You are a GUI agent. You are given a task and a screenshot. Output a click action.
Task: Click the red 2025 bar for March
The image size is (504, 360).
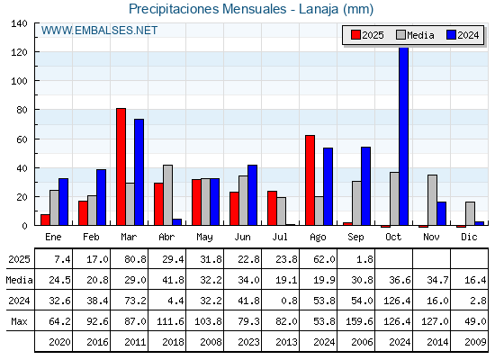coord(121,166)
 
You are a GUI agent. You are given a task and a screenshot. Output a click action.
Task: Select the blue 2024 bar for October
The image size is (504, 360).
coord(404,136)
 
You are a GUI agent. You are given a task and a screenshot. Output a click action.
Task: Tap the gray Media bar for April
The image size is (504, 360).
coord(167,195)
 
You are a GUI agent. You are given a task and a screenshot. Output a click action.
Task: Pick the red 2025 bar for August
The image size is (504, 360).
coord(310,180)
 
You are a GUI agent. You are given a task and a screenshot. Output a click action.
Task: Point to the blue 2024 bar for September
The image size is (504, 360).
coord(365,185)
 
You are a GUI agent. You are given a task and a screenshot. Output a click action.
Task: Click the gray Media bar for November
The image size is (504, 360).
coord(432,200)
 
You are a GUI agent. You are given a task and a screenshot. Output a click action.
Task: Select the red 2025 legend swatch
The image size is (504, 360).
coord(355,35)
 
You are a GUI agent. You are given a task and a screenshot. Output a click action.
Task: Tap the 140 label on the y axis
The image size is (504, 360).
coord(19,23)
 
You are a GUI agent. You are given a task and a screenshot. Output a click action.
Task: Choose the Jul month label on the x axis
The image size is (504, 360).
coord(280,237)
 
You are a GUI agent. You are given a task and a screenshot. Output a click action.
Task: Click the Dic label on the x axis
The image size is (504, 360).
coord(469,237)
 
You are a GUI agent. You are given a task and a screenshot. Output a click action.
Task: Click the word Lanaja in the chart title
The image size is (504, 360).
coord(319,9)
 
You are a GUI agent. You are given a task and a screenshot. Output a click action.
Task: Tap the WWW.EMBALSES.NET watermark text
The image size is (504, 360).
coord(99,31)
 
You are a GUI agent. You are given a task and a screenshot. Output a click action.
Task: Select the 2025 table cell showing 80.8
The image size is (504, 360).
coord(135,259)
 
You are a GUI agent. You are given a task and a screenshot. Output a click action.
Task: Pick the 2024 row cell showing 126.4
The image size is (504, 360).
coord(397,301)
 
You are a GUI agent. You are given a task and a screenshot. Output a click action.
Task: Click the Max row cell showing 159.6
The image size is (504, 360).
coord(359,321)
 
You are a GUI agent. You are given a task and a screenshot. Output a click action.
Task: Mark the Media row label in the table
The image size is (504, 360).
coord(19,280)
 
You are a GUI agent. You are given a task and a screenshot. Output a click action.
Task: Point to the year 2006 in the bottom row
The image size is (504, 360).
coord(362,342)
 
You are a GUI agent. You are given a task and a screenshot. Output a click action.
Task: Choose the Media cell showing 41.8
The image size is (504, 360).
coord(173,280)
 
